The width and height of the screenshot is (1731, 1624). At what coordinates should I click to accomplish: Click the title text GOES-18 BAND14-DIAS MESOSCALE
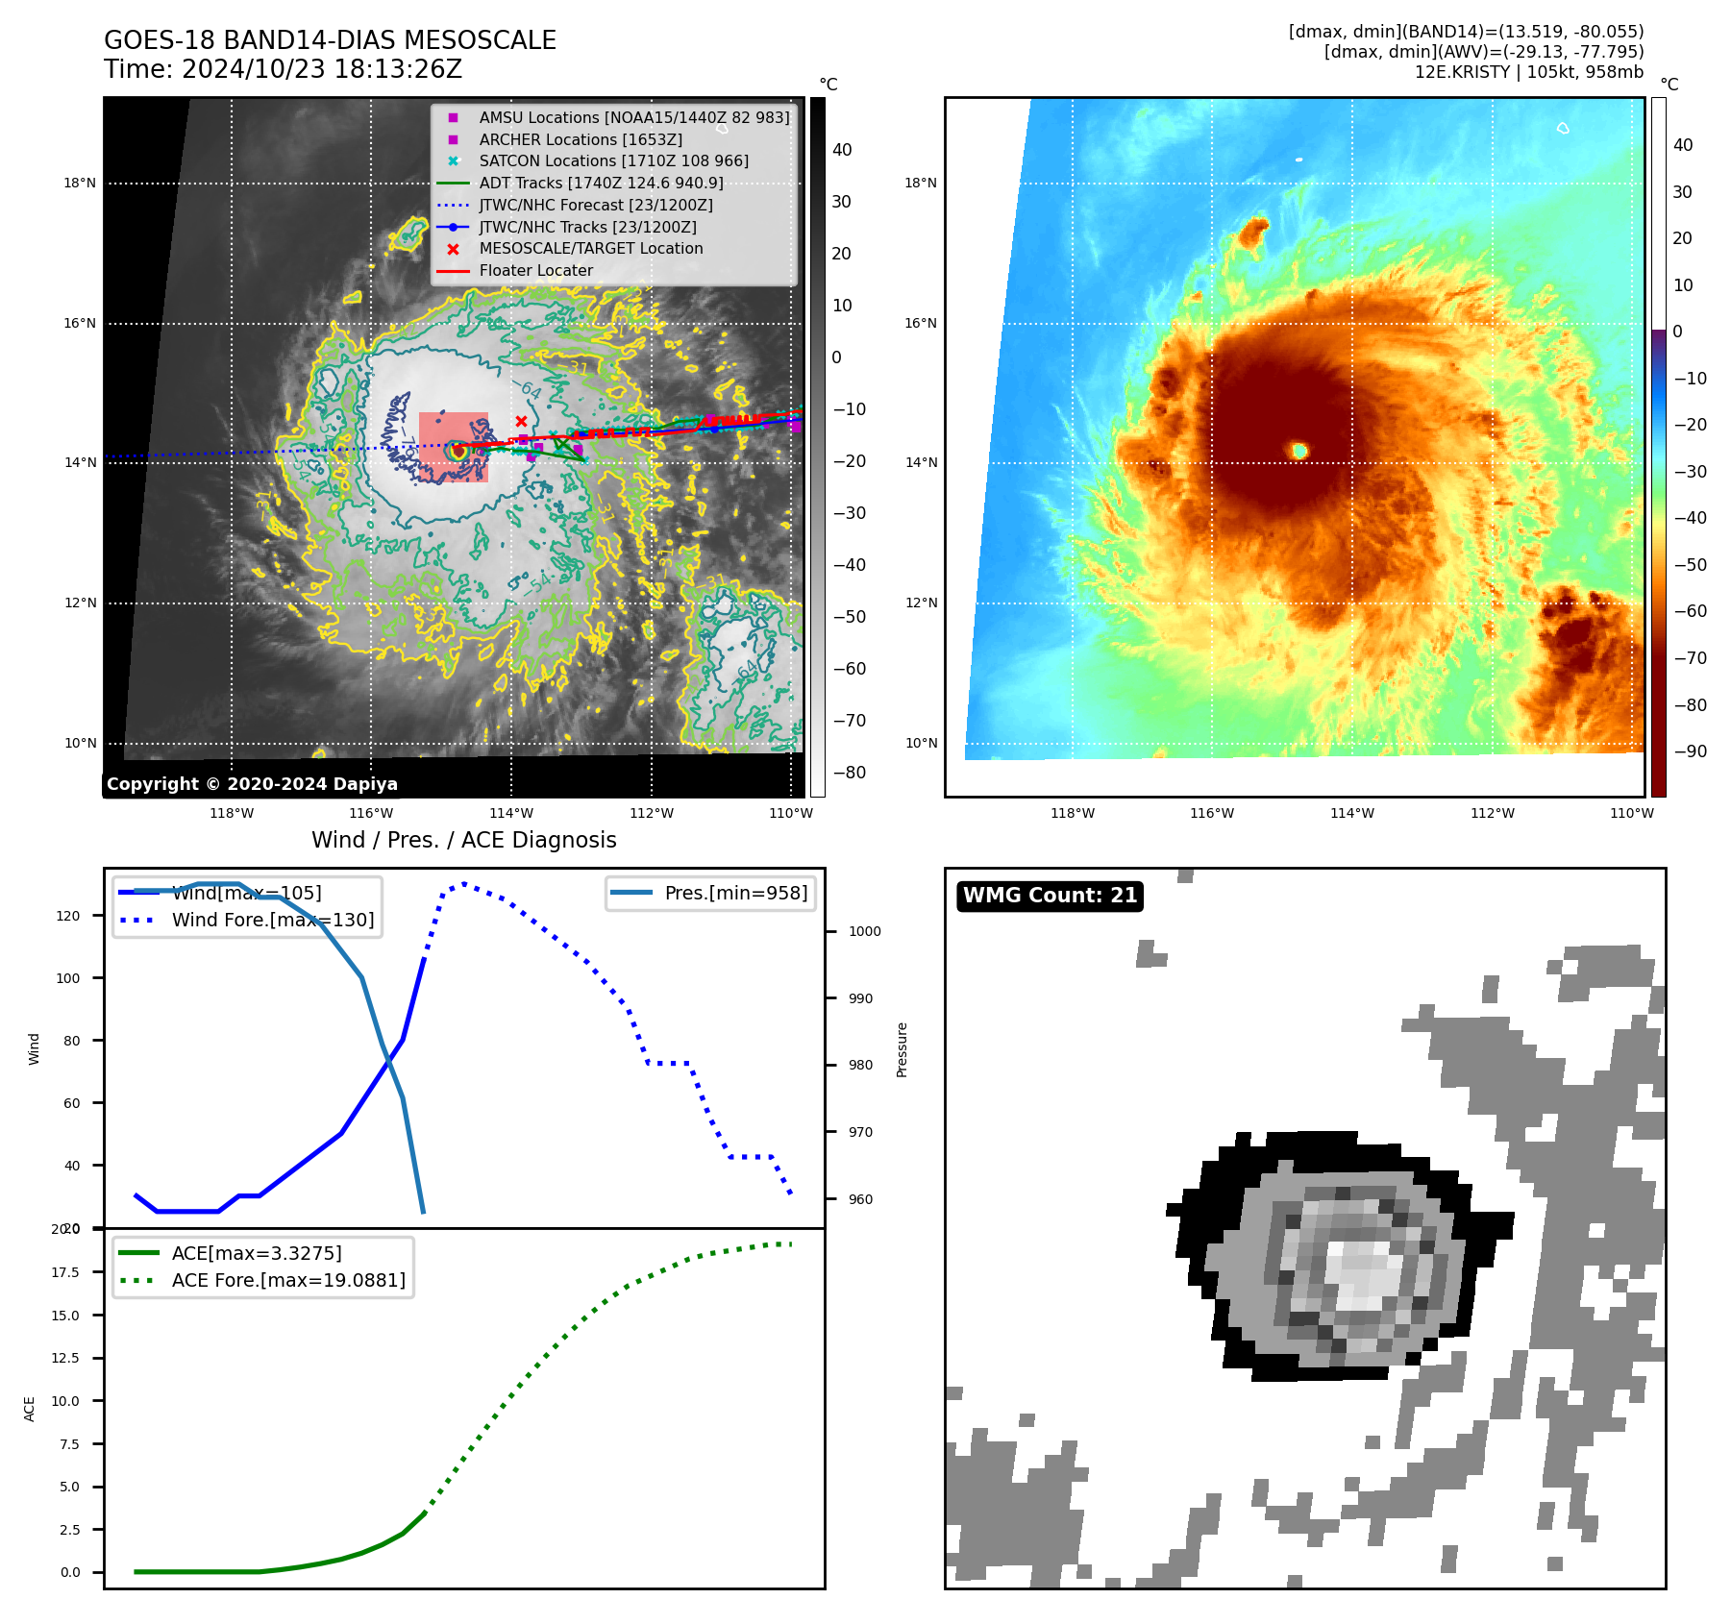tap(330, 40)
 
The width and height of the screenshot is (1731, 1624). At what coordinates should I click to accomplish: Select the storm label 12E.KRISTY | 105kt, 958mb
tap(1528, 72)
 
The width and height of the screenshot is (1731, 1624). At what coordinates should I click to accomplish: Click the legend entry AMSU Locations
tap(634, 117)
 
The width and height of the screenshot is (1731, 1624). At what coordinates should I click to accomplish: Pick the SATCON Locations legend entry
tap(613, 160)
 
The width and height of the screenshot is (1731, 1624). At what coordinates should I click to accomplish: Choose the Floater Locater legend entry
tap(535, 270)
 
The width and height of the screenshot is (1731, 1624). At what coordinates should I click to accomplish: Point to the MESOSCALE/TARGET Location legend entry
tap(590, 248)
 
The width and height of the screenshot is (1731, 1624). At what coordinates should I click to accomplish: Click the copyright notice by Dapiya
tap(252, 784)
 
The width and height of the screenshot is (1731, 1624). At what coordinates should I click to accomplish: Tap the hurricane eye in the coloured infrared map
tap(1299, 451)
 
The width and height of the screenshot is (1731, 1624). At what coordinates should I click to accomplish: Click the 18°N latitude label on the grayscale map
tap(80, 183)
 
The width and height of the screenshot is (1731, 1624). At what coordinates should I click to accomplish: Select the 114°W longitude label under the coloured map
tap(1351, 813)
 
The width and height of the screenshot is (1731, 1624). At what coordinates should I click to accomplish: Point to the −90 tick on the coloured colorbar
tap(1690, 751)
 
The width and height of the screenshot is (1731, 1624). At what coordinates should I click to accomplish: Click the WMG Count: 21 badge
tap(1050, 896)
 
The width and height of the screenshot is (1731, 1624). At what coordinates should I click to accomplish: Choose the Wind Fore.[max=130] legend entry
tap(272, 920)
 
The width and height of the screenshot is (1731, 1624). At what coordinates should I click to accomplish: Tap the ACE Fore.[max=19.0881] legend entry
tap(288, 1280)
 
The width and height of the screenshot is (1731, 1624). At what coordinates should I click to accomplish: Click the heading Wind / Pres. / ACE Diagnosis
tap(463, 840)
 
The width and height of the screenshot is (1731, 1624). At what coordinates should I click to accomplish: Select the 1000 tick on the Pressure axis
tap(864, 931)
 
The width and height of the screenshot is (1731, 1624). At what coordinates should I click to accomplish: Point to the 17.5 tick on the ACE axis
tap(65, 1272)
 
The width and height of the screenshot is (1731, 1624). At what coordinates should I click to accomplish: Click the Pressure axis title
tap(902, 1049)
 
